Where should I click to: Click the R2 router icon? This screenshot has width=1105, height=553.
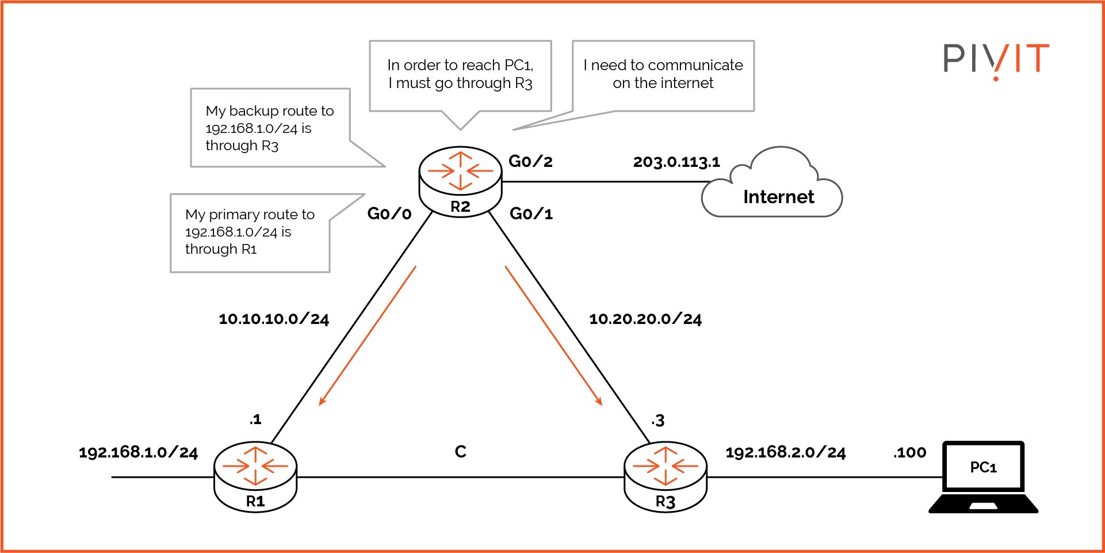460,180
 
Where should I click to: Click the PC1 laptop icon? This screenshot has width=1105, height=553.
983,476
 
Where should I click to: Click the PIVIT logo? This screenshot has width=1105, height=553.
996,59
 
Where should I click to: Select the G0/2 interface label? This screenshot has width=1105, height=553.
530,161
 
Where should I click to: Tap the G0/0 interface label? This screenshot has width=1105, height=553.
389,214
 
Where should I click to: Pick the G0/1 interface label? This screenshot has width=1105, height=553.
531,214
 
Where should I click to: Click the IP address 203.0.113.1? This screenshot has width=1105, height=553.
676,162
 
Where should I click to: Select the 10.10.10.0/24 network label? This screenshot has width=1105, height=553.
274,319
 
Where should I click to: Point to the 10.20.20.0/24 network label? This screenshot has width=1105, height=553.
645,319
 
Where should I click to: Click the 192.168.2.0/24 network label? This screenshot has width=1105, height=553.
785,452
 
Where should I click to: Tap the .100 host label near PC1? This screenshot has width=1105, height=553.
910,453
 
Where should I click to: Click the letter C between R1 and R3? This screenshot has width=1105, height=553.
460,452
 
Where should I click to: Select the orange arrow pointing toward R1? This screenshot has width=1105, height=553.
367,336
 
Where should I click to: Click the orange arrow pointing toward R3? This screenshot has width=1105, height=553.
553,336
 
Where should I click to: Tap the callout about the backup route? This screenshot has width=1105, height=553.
270,128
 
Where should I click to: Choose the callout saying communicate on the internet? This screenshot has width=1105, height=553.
663,74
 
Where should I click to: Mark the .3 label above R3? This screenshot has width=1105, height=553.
658,421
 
